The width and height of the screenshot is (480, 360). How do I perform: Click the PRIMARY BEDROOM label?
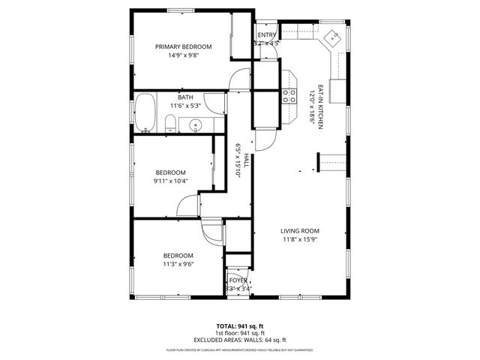pyautogui.click(x=183, y=46)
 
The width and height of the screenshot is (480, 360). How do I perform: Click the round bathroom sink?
pyautogui.click(x=195, y=125)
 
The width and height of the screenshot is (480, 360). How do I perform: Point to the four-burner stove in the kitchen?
pyautogui.click(x=289, y=95)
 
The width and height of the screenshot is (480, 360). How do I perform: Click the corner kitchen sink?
pyautogui.click(x=332, y=37)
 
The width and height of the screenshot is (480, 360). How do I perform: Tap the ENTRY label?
pyautogui.click(x=266, y=35)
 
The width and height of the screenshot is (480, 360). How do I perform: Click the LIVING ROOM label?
pyautogui.click(x=300, y=231)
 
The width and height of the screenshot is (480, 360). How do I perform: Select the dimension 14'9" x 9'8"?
pyautogui.click(x=183, y=55)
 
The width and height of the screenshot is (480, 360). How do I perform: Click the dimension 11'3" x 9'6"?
pyautogui.click(x=178, y=264)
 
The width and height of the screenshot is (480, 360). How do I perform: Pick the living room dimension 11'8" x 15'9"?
pyautogui.click(x=300, y=240)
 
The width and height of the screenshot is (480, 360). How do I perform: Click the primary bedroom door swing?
pyautogui.click(x=239, y=78)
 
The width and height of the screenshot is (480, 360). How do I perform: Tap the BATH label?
pyautogui.click(x=185, y=97)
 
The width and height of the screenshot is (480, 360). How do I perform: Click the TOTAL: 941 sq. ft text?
pyautogui.click(x=240, y=326)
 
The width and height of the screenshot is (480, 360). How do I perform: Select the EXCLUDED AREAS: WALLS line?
pyautogui.click(x=240, y=340)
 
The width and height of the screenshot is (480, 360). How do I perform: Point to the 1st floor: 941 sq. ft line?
pyautogui.click(x=240, y=333)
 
